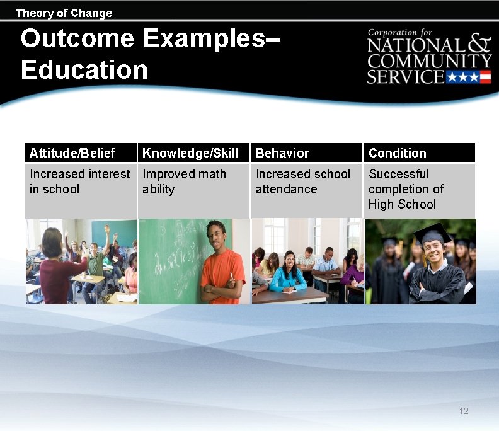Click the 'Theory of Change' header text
[64, 13]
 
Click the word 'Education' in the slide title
[84, 70]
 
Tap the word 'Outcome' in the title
[77, 38]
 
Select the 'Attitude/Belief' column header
[72, 153]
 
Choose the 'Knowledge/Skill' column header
[190, 153]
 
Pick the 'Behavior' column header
[282, 153]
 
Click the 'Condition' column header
[397, 153]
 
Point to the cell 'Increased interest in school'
[80, 181]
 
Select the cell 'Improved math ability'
[184, 181]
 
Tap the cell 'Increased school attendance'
[302, 181]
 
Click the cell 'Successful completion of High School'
[406, 189]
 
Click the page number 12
[464, 411]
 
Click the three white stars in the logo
[462, 78]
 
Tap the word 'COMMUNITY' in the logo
[429, 61]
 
